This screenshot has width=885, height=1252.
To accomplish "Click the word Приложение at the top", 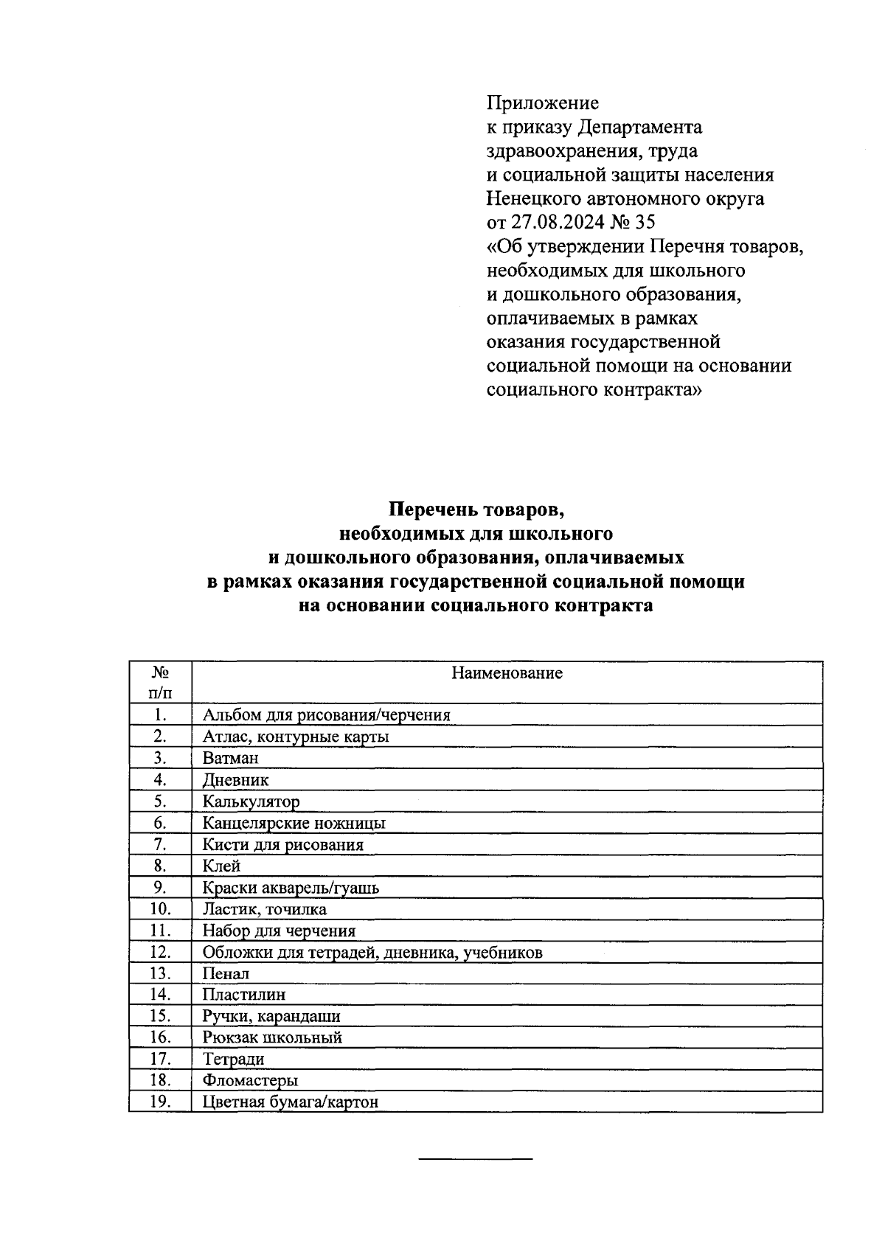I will [x=543, y=103].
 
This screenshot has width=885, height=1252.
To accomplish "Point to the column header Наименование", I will [x=507, y=673].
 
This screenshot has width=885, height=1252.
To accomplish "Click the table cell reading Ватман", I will [x=231, y=758].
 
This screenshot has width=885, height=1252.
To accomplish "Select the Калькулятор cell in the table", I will [x=251, y=801].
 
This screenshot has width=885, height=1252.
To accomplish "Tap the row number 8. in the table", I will [x=160, y=866].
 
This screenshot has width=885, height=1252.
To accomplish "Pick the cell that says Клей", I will [x=222, y=866].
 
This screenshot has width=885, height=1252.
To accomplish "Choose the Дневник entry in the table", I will [x=236, y=780].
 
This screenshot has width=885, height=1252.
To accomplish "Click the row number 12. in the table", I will [x=160, y=952].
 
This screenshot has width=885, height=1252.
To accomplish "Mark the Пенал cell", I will [x=226, y=974].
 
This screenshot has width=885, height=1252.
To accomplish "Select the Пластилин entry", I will [x=244, y=995].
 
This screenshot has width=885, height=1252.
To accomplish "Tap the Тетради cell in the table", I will [x=233, y=1060].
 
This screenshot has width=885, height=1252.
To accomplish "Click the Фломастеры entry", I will [x=251, y=1081].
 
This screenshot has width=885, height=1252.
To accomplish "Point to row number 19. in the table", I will [x=160, y=1102].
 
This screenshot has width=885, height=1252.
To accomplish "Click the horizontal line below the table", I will [x=476, y=1161].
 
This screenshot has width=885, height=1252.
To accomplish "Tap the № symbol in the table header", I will [x=160, y=672].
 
